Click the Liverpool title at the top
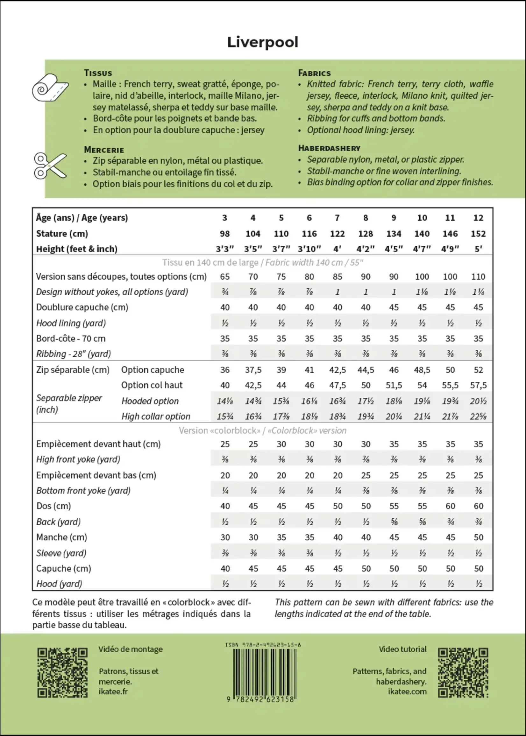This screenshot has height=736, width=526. (263, 42)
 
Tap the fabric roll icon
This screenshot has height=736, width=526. (50, 88)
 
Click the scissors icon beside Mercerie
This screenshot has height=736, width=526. (50, 166)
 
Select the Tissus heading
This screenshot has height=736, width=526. (98, 73)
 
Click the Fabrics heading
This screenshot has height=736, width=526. (314, 73)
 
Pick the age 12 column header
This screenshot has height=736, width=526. (478, 218)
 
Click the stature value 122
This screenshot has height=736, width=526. (337, 234)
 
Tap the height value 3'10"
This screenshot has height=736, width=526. (309, 249)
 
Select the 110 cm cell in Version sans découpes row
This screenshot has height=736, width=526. (478, 277)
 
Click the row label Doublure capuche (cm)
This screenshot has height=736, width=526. (82, 307)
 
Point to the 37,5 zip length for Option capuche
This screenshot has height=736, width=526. (253, 370)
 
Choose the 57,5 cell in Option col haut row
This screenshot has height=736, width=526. (478, 385)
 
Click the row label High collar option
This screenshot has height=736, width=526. (155, 417)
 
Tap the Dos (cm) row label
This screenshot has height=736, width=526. (53, 506)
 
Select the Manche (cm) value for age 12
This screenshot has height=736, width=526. (478, 537)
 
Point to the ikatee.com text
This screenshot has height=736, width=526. (407, 692)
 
